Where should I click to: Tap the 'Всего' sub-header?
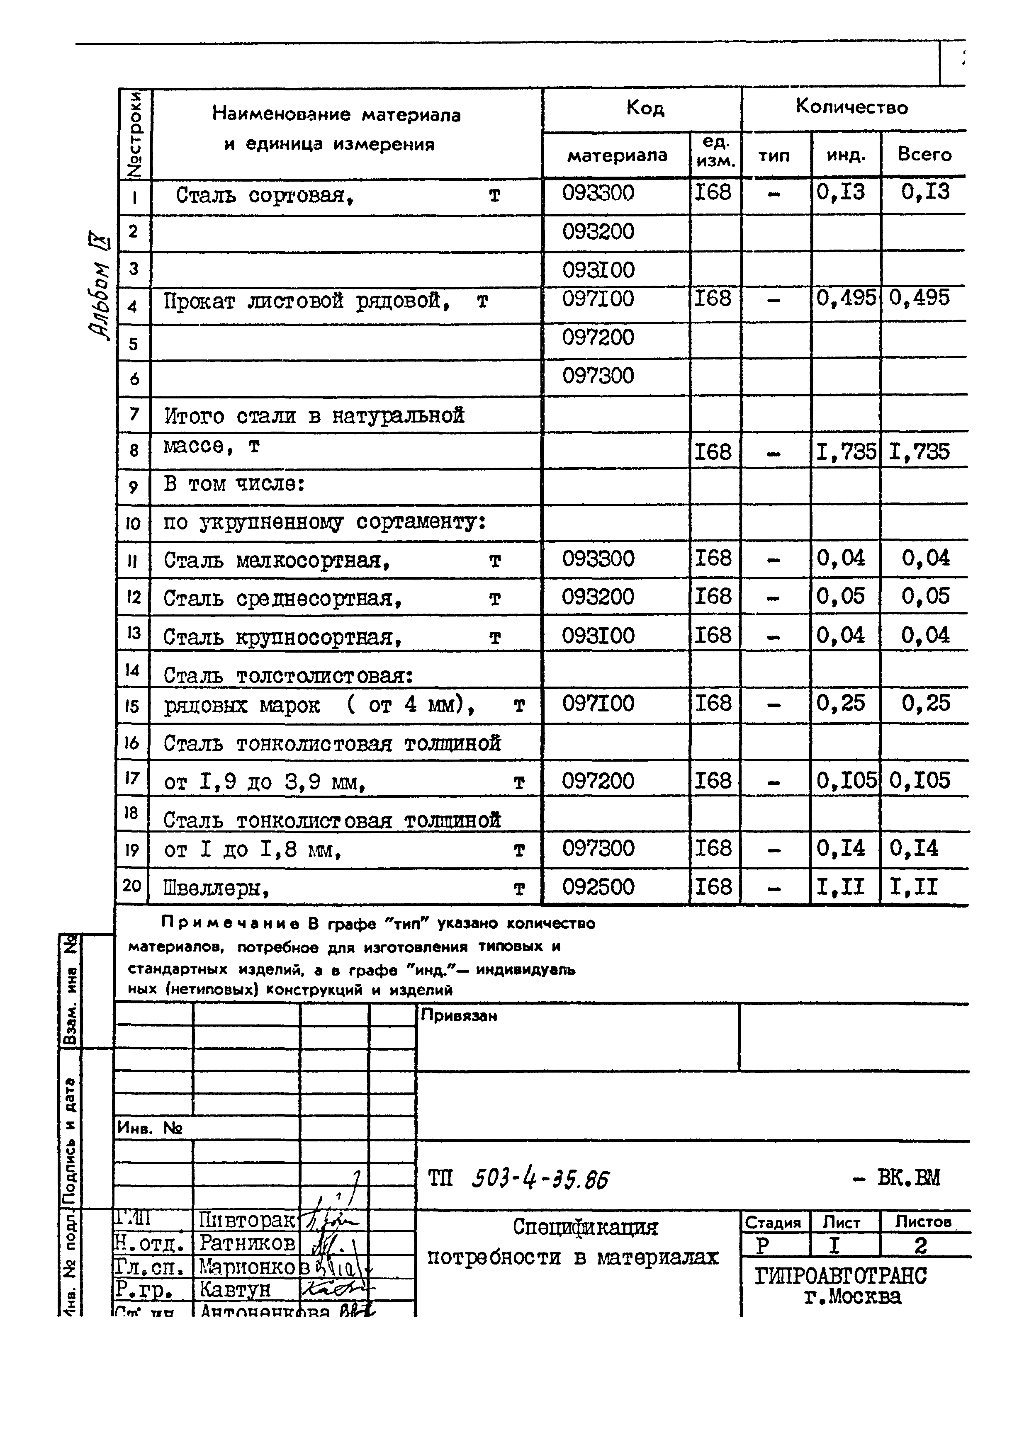tap(924, 155)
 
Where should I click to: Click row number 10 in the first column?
tap(133, 523)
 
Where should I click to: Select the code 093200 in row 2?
tap(598, 232)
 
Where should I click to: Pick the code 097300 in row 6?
tap(598, 376)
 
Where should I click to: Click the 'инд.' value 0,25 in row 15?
tap(840, 703)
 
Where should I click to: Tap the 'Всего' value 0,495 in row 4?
tap(920, 298)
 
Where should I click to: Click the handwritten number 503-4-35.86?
tap(540, 1179)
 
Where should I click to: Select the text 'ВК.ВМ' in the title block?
tap(909, 1178)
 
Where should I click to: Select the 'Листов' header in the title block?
tap(923, 1221)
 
